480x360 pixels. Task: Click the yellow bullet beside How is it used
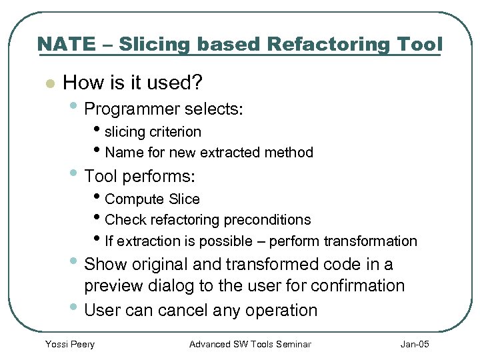pos(47,84)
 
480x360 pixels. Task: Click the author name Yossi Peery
pos(69,344)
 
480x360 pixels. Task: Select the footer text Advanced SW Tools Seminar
pos(250,344)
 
